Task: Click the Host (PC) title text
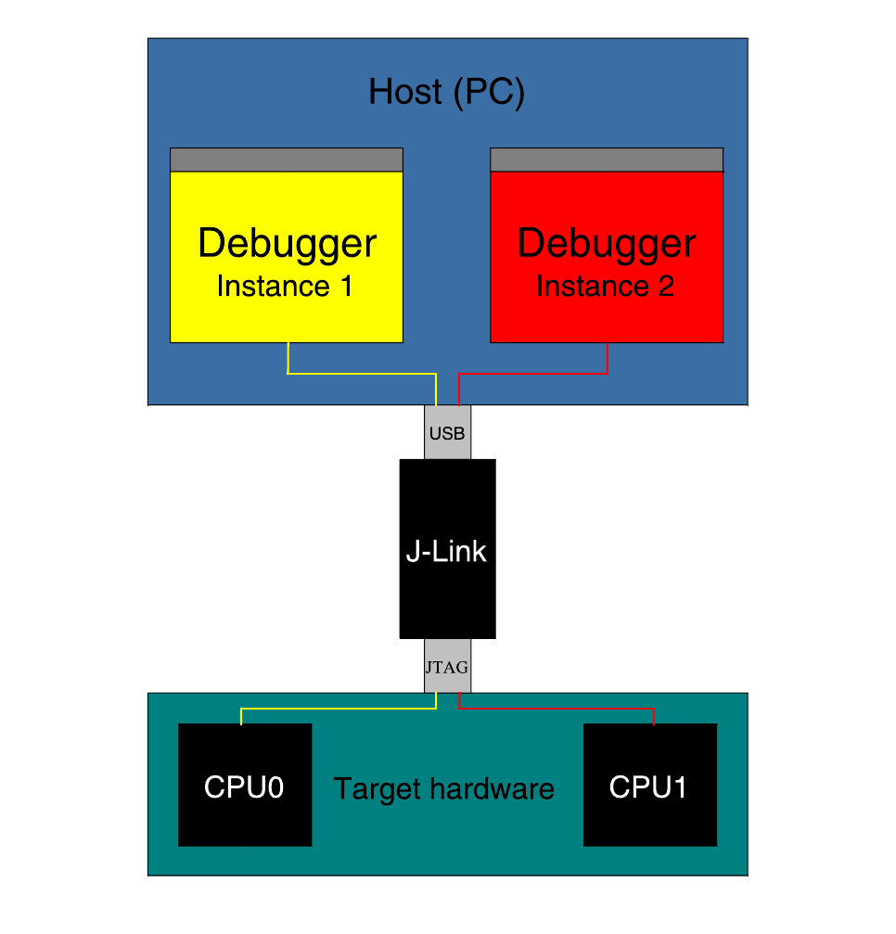tap(446, 93)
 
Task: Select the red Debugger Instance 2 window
tap(606, 315)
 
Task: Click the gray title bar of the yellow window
tap(286, 160)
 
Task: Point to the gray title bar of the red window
tap(606, 160)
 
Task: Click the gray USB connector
tap(447, 433)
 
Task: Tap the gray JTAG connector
tap(447, 666)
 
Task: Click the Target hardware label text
tap(443, 789)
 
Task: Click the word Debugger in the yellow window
tap(287, 244)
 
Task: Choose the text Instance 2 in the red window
tap(605, 287)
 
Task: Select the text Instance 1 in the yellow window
tap(285, 287)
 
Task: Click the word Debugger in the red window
tap(606, 244)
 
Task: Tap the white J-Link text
tap(446, 552)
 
